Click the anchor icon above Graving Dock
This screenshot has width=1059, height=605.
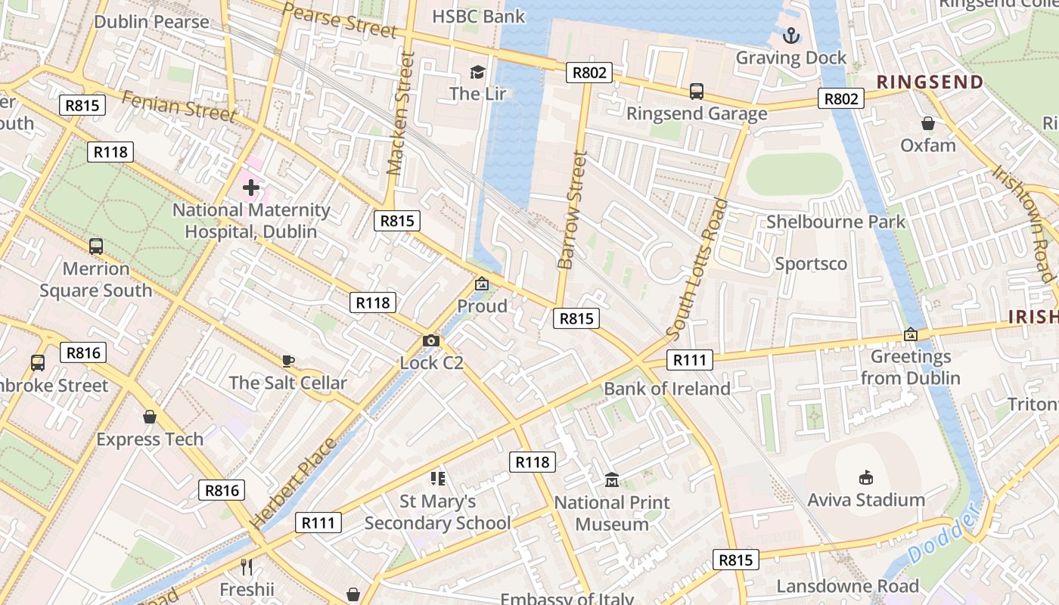(x=791, y=35)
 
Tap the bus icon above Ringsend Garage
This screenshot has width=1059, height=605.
(x=697, y=92)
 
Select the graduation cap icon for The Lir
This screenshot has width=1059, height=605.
(x=477, y=72)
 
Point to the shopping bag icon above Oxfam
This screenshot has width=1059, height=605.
(x=928, y=123)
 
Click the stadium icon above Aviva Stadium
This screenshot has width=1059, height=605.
(x=866, y=477)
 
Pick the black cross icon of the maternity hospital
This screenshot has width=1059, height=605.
(x=251, y=187)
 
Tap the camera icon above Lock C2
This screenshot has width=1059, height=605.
(x=431, y=341)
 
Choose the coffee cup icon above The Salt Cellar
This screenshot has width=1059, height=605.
(x=287, y=361)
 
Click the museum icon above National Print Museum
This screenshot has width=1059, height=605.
(x=612, y=480)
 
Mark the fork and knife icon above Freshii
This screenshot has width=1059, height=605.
(x=246, y=567)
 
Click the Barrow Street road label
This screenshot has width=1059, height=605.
(x=573, y=210)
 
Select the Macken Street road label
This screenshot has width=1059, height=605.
(x=402, y=113)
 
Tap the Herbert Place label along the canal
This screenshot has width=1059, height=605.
(x=293, y=484)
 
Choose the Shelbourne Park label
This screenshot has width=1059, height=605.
(x=835, y=222)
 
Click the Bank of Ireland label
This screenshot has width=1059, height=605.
(x=666, y=389)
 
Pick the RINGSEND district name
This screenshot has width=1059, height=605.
(x=930, y=82)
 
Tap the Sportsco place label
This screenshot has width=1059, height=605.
(x=811, y=264)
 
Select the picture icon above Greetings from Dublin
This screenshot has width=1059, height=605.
(x=911, y=334)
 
